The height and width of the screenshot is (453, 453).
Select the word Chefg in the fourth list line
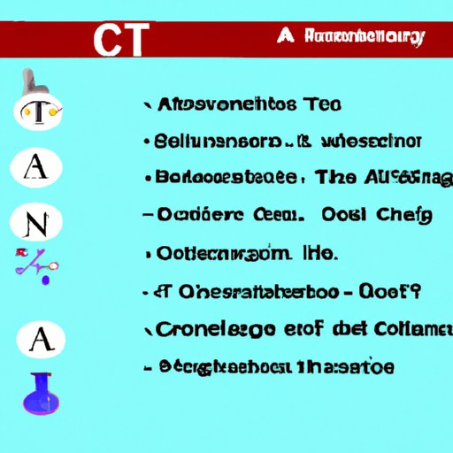pos(403,213)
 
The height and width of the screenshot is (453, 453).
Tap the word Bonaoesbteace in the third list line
pos(226,177)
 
